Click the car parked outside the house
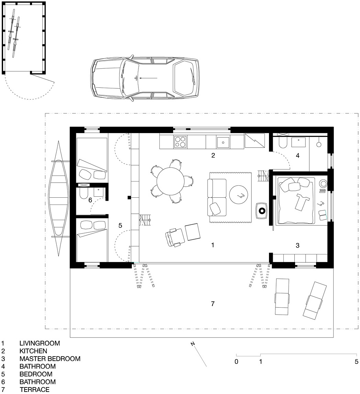coord(145,78)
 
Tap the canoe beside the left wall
coord(58,198)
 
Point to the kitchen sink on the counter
coord(223,142)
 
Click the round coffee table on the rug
coord(238,195)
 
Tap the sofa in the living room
coord(217,197)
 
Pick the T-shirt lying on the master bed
coord(302,202)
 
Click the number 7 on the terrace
coord(213,304)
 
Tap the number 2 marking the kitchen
coord(213,155)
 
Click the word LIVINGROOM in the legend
coord(40,343)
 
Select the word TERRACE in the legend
coord(34,390)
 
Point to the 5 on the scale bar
coord(357,362)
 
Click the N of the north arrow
coord(193,344)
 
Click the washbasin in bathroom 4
coord(299,142)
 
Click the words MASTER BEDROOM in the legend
coord(50,359)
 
